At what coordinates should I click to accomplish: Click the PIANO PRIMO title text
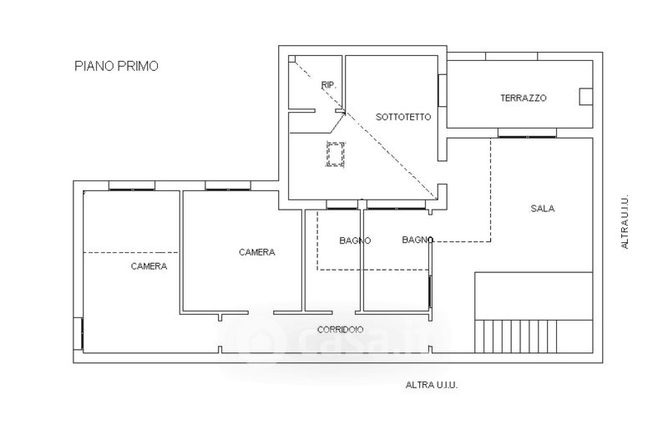(116, 67)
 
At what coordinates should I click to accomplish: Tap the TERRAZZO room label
(524, 98)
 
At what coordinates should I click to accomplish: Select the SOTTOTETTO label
(403, 117)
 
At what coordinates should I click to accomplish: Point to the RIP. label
(328, 85)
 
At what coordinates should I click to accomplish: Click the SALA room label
(542, 209)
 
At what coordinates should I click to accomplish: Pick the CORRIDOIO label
(340, 330)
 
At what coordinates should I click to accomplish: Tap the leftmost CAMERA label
(149, 266)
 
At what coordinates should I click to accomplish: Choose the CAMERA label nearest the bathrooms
(257, 252)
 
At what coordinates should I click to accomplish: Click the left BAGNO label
(355, 240)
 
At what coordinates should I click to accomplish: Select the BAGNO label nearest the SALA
(417, 240)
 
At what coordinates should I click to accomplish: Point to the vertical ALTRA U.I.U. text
(625, 222)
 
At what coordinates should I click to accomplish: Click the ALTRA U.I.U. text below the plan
(432, 386)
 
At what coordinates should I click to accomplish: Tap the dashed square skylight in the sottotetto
(336, 154)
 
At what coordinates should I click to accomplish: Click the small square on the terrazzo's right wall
(586, 97)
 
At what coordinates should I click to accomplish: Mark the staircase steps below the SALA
(515, 336)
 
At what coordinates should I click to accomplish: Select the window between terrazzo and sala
(527, 134)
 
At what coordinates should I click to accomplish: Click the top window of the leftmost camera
(132, 186)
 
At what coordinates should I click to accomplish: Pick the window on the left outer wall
(78, 334)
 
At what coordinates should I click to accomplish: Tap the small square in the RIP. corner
(292, 59)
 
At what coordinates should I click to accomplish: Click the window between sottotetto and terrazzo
(443, 91)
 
